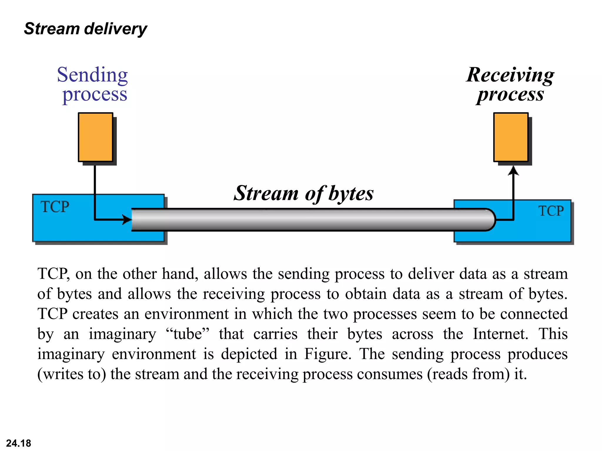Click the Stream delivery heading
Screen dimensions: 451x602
pos(85,29)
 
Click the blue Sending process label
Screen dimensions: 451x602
pos(93,84)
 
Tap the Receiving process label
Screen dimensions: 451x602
pos(510,84)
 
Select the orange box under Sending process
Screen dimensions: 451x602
pos(96,137)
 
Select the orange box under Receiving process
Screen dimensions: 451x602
pos(511,137)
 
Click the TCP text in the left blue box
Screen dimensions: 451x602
pos(55,207)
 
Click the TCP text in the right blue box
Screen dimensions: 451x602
pos(551,211)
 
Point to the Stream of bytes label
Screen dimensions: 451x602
pos(303,193)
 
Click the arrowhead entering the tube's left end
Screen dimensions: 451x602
pos(127,219)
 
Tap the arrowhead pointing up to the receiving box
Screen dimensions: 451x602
pos(513,171)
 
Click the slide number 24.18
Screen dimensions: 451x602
pos(19,443)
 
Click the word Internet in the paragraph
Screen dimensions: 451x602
pos(500,334)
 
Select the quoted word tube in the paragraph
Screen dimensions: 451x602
pos(188,334)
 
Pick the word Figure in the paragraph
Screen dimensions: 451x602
pos(327,354)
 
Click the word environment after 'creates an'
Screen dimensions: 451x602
pos(186,314)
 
